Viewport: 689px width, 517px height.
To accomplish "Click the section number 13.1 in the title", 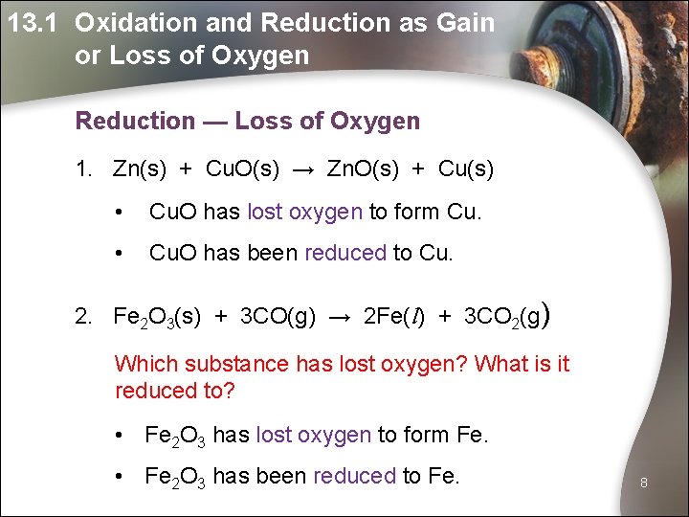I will click(x=36, y=23).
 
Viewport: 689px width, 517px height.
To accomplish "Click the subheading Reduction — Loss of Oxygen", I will click(x=247, y=122).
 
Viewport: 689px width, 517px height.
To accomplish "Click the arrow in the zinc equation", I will click(x=302, y=169).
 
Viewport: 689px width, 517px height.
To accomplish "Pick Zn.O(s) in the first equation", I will click(x=362, y=169).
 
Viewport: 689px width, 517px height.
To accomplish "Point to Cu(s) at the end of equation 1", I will click(x=465, y=169).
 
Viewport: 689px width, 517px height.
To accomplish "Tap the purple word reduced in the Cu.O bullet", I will click(x=345, y=253).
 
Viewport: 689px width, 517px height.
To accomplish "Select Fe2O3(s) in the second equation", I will click(x=156, y=317).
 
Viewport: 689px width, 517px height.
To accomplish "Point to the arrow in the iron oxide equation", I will click(x=340, y=317).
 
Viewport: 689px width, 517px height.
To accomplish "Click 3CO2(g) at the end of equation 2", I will click(x=503, y=317).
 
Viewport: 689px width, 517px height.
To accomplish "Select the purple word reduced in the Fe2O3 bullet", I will click(x=354, y=476).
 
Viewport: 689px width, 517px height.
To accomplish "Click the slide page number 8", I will click(x=644, y=483).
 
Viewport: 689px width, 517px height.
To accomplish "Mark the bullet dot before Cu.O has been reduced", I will click(x=119, y=254).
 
